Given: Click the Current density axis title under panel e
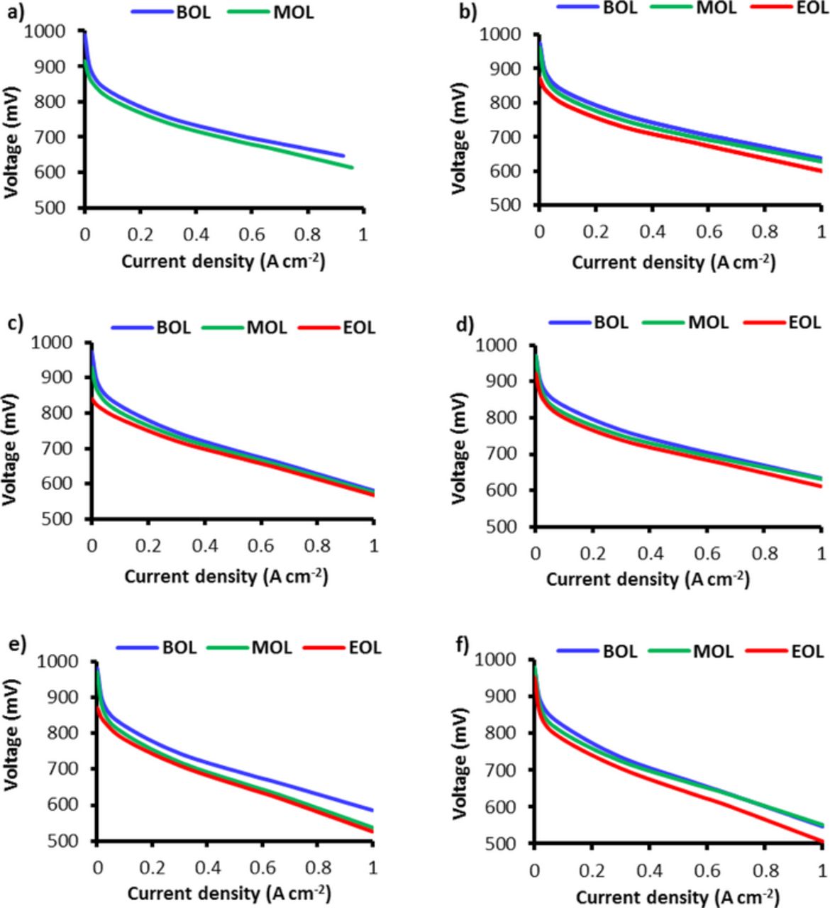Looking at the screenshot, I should [228, 892].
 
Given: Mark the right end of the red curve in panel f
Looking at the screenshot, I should [821, 841].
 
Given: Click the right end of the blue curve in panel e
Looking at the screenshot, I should [372, 809].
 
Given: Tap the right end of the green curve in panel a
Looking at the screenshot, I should [353, 167].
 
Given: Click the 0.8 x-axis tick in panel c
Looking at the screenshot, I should [318, 546].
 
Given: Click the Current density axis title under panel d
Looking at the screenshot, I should [647, 579].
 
